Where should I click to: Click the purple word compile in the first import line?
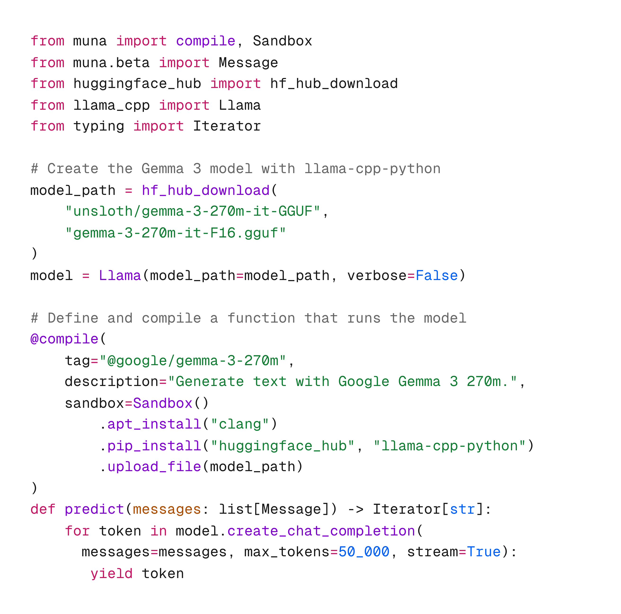[x=205, y=41]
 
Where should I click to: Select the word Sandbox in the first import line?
[x=282, y=41]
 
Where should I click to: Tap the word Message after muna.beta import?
[x=248, y=63]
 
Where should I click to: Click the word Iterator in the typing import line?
[x=227, y=126]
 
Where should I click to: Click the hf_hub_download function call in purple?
[x=205, y=191]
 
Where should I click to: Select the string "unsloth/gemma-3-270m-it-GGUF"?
[x=192, y=212]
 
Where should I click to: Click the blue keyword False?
[x=436, y=276]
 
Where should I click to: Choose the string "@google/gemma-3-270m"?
[x=192, y=361]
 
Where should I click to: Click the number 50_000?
[x=364, y=552]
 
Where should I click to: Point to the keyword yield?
[x=111, y=574]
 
